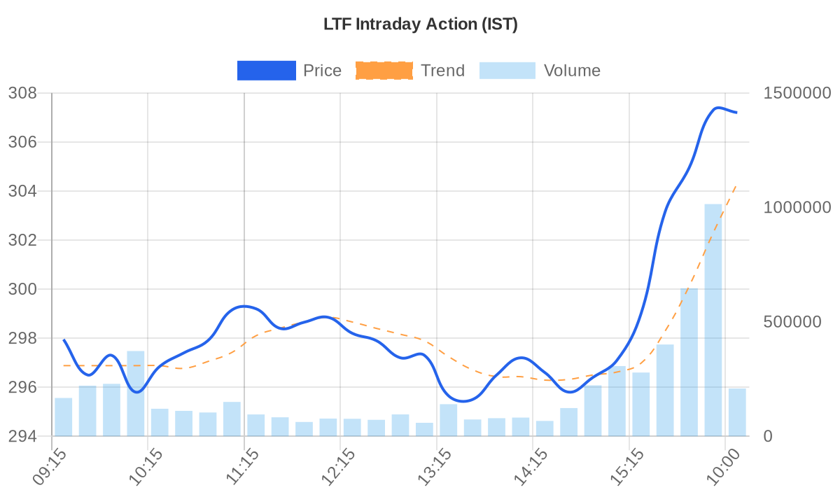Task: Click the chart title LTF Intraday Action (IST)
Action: (420, 24)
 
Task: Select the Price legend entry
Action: (289, 71)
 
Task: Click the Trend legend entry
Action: (410, 71)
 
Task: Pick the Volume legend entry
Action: (540, 71)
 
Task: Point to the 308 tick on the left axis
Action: (26, 93)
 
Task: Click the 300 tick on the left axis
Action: (26, 289)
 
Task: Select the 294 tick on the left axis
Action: (26, 436)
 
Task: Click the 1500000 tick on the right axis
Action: (797, 93)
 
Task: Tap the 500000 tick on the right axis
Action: (792, 322)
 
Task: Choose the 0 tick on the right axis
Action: (768, 436)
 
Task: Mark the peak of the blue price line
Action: (717, 108)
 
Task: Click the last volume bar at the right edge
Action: (737, 412)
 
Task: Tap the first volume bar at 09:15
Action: (64, 417)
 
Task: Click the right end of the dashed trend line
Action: (736, 185)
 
